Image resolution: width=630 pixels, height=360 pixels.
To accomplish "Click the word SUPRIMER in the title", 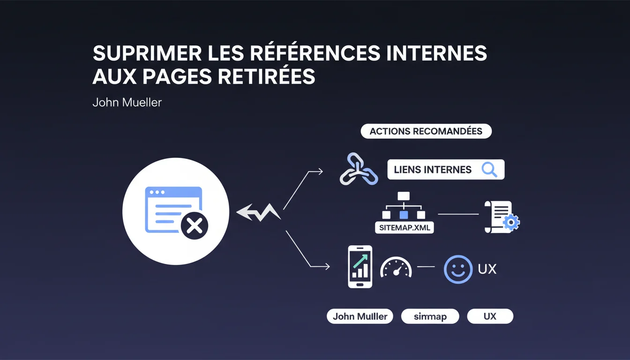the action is [147, 53].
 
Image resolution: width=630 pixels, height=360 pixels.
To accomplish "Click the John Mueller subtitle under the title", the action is [127, 102].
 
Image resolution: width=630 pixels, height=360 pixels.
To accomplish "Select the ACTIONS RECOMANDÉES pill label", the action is [426, 131].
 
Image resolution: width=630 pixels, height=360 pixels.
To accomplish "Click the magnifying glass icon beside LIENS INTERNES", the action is [489, 170].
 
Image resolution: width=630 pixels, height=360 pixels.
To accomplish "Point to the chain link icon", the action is [359, 169].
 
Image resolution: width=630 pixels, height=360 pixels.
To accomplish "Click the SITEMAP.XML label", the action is [405, 227].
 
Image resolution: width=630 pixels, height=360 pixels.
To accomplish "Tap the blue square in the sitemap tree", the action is [404, 215].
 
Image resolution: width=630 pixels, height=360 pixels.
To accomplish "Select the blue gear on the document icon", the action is [511, 223].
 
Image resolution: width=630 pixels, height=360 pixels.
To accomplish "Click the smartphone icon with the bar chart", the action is [360, 267].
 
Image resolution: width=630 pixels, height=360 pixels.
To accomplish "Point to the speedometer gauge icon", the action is [396, 267].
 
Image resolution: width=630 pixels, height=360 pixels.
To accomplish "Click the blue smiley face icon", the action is [458, 269].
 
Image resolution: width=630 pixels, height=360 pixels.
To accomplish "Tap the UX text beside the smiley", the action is [487, 269].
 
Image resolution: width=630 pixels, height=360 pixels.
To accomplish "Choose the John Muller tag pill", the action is [360, 316].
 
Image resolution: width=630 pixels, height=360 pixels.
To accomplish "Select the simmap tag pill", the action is [430, 316].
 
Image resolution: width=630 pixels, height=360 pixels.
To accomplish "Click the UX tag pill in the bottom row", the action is [490, 316].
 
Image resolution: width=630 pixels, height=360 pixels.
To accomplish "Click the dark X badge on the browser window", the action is [195, 226].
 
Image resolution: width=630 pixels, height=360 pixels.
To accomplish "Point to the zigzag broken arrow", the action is [258, 212].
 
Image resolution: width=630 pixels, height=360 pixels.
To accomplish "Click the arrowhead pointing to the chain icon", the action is [320, 171].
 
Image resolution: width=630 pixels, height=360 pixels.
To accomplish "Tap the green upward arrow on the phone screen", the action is [360, 261].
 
